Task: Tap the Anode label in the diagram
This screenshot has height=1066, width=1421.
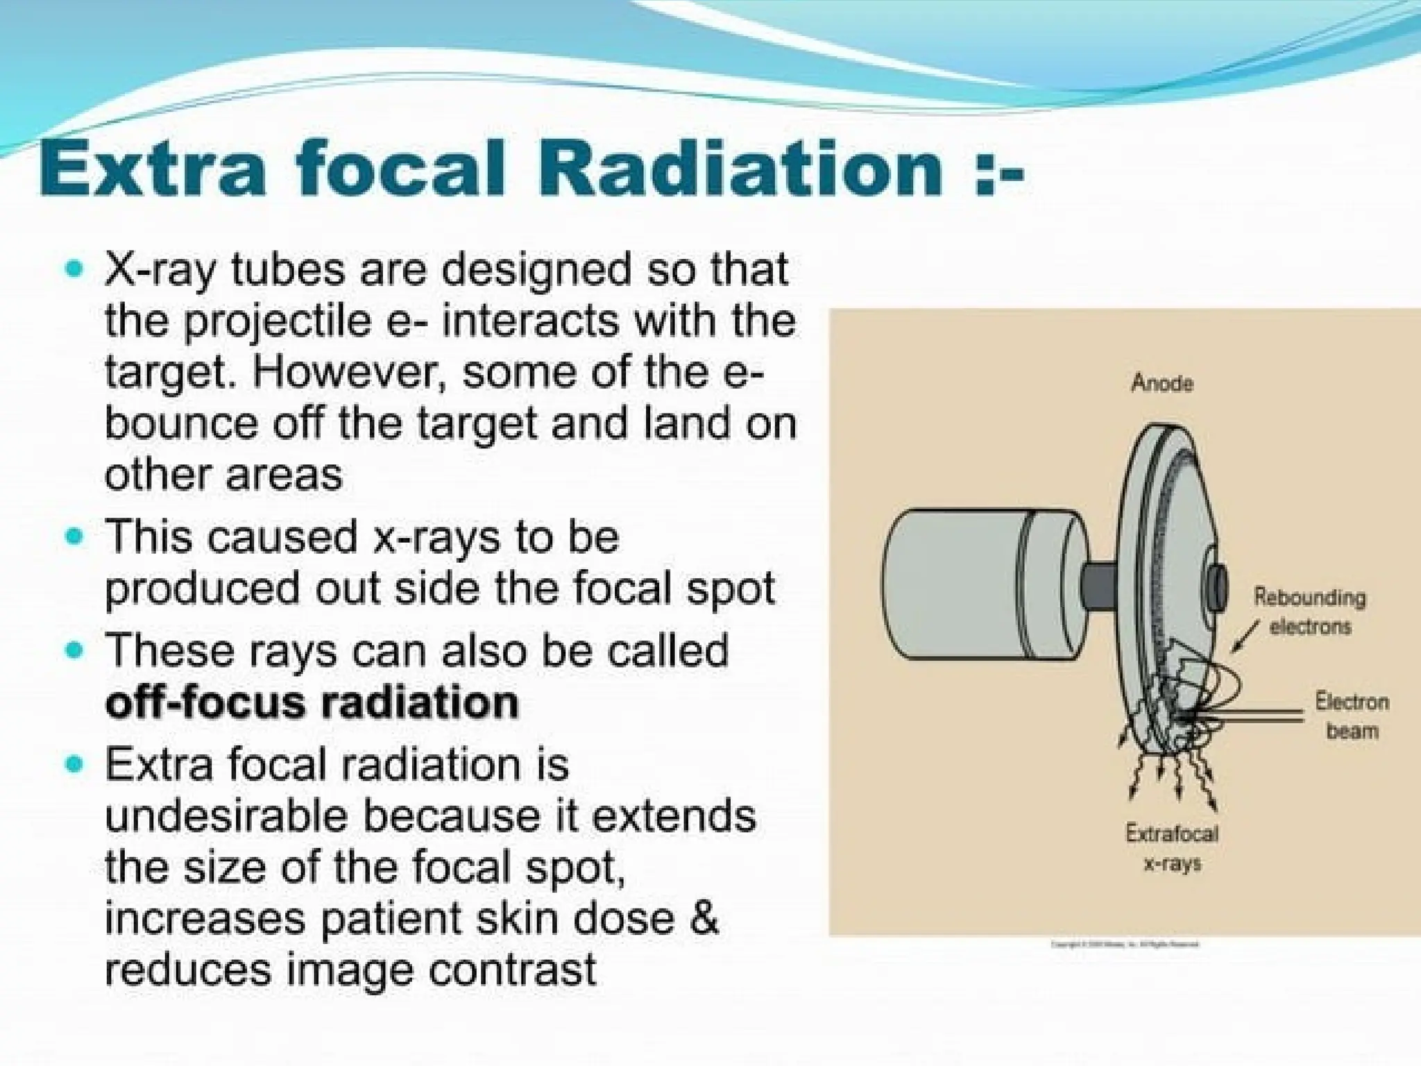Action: click(x=1162, y=383)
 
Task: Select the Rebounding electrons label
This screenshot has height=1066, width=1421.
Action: click(x=1309, y=611)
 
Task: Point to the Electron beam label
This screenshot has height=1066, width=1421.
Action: click(x=1352, y=716)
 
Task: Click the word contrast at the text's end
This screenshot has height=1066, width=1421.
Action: click(x=512, y=970)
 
